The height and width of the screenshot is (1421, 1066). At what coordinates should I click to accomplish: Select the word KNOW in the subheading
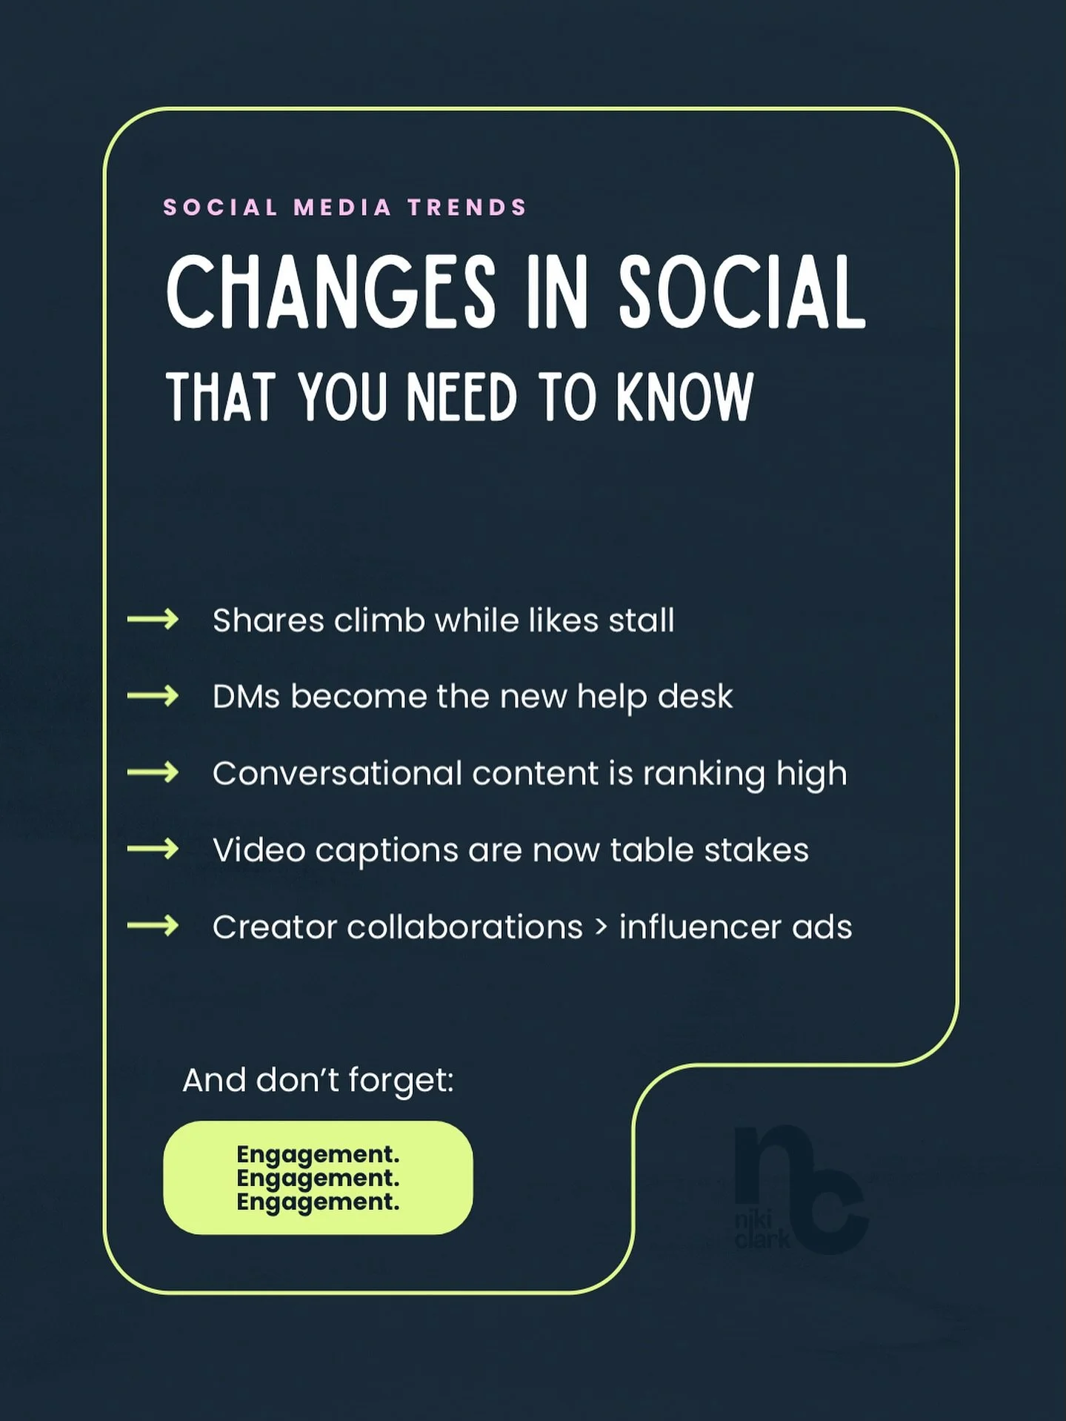click(x=684, y=397)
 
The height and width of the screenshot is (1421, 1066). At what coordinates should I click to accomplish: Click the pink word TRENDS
click(x=467, y=207)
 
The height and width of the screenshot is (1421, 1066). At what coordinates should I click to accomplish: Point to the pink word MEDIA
click(x=342, y=207)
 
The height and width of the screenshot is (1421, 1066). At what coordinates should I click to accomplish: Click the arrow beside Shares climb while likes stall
click(x=153, y=619)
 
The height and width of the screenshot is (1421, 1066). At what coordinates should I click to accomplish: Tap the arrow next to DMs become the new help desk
click(x=153, y=695)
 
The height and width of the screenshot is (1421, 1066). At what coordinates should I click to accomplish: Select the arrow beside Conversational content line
click(x=153, y=772)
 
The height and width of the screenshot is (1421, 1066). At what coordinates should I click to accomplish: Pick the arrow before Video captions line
click(x=153, y=849)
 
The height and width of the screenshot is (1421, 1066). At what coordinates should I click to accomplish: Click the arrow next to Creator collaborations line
click(x=153, y=926)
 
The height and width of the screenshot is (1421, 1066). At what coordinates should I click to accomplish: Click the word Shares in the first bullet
click(x=268, y=620)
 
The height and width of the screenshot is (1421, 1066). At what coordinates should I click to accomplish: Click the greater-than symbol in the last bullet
click(x=601, y=927)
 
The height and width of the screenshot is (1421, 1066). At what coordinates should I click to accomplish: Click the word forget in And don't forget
click(x=400, y=1081)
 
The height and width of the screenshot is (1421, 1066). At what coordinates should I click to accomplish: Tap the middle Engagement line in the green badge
click(x=318, y=1178)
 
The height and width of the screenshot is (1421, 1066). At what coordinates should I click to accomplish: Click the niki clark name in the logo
click(x=762, y=1229)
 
